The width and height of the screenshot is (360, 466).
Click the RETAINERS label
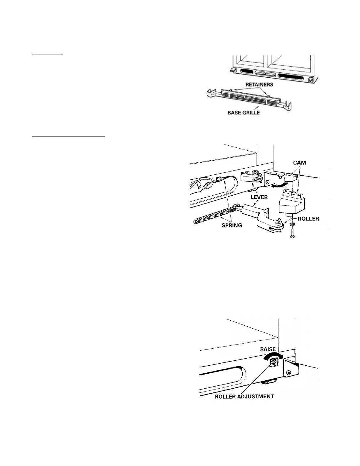click(259, 85)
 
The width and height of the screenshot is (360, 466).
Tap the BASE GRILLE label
click(244, 112)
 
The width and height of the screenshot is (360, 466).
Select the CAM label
click(299, 163)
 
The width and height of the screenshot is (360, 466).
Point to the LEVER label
click(259, 197)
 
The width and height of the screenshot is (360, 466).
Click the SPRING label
click(232, 225)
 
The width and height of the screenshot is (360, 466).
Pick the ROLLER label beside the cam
click(308, 219)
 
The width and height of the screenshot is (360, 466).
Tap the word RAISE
click(268, 349)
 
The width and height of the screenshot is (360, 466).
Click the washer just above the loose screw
click(291, 225)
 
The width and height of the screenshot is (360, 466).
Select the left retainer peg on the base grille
click(231, 90)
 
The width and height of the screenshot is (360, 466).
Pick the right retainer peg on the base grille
click(267, 95)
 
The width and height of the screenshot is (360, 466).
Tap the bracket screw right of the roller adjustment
click(290, 372)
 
